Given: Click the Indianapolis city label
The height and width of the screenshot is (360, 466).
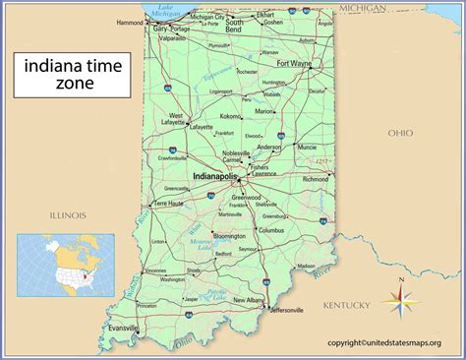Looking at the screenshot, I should coord(214,177).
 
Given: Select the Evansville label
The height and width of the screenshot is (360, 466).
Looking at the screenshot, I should coord(124,328).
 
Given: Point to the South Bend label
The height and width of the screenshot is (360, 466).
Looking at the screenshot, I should coord(235,26).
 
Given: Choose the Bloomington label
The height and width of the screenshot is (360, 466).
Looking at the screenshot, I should coord(229,236).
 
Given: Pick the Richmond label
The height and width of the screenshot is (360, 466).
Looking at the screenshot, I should coord(316,180).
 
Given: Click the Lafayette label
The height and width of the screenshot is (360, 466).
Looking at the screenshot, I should coord(202,127).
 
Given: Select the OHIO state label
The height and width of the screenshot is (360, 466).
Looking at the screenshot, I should coord(400,132).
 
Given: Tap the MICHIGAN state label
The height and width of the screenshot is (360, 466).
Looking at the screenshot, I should coord(362,8).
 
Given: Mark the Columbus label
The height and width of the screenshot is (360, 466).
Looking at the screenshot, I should coord(271,229).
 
